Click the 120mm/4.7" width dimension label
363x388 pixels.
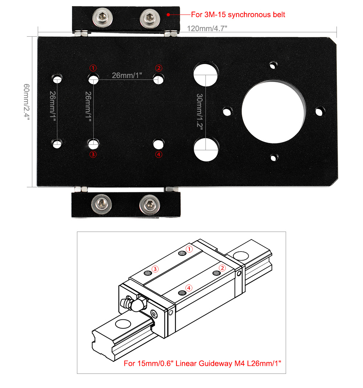coord(207,28)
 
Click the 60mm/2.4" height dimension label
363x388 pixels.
coord(26,102)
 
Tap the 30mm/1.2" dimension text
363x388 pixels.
coord(200,111)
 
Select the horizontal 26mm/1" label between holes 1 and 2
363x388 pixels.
coord(127,75)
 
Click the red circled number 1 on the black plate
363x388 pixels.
coord(93,68)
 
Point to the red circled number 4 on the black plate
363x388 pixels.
coord(159,155)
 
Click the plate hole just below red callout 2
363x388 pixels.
coord(158,79)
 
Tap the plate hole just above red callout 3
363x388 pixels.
coord(93,144)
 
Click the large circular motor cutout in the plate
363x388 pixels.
coord(273,111)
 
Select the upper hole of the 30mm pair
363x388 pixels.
coord(205,75)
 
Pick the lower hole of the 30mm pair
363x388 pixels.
coord(206,149)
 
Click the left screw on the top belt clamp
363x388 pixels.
coord(102,17)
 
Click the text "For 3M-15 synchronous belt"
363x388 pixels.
coord(238,15)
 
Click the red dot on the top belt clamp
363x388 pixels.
coord(168,15)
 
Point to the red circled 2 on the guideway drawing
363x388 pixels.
coord(222,268)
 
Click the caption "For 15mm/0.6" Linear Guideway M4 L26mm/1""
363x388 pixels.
coord(203,363)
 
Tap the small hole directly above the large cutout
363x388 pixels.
coord(273,66)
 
